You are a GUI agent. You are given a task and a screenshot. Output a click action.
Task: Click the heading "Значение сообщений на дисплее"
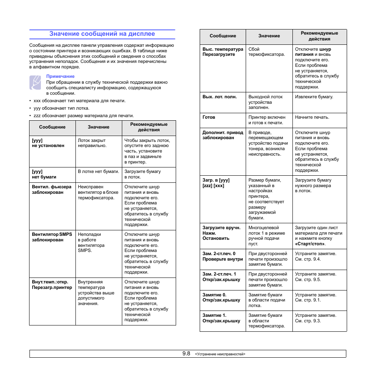(102, 34)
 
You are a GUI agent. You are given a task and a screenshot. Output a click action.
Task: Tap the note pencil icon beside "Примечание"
(35, 83)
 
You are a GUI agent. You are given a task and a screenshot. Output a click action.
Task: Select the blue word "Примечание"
(60, 76)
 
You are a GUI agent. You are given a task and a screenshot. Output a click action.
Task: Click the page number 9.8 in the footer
(186, 354)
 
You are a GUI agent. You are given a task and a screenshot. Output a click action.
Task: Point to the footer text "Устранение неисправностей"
(220, 354)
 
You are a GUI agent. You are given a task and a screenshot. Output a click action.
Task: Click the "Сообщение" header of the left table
(52, 127)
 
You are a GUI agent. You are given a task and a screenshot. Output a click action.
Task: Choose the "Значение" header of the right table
(269, 36)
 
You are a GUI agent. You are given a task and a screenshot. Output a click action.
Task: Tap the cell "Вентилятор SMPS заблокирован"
(52, 237)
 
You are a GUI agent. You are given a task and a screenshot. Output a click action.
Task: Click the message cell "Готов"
(209, 117)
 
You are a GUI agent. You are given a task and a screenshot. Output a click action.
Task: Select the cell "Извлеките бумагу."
(314, 97)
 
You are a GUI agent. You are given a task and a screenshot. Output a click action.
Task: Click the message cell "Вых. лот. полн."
(219, 97)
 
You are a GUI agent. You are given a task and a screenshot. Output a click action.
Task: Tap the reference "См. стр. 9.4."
(308, 259)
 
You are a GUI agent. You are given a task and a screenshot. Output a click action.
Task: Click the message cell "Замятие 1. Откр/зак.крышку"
(221, 318)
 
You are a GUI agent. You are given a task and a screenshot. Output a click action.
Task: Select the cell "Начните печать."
(312, 117)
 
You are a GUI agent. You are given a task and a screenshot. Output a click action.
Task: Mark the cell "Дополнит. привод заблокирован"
(222, 135)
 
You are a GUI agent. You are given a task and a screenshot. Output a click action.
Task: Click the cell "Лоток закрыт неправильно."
(92, 143)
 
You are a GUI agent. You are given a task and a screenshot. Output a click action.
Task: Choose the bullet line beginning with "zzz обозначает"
(83, 116)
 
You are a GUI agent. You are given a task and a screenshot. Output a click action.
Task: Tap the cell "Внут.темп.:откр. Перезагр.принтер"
(52, 285)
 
